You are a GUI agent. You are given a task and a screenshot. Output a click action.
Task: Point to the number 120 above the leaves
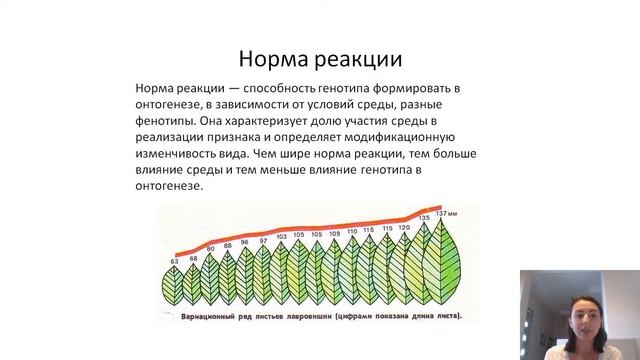(404, 228)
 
